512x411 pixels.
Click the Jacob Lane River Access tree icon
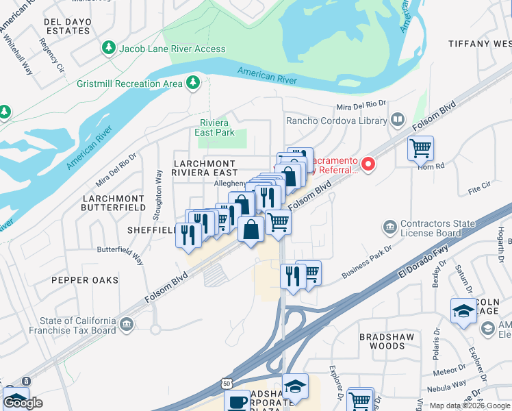pyautogui.click(x=108, y=48)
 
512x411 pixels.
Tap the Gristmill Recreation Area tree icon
pyautogui.click(x=194, y=83)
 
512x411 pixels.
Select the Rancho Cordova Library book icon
pyautogui.click(x=397, y=121)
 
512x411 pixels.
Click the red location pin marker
pyautogui.click(x=368, y=164)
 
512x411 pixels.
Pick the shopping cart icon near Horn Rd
pyautogui.click(x=420, y=147)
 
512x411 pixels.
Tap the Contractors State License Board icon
pyautogui.click(x=389, y=227)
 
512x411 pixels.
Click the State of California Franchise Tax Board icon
pyautogui.click(x=127, y=323)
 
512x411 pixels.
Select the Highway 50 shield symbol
pyautogui.click(x=226, y=385)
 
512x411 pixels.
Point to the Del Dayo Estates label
pyautogui.click(x=68, y=26)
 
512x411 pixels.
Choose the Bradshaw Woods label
pyautogui.click(x=382, y=341)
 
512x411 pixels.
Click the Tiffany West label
pyautogui.click(x=479, y=43)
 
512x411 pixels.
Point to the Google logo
pyautogui.click(x=24, y=403)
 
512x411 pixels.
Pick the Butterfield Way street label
pyautogui.click(x=120, y=255)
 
